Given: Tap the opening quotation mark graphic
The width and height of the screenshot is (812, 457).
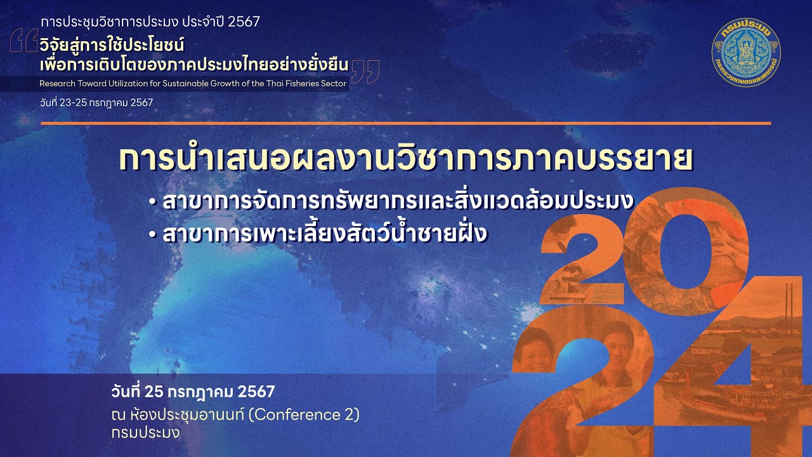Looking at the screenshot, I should pos(24,41).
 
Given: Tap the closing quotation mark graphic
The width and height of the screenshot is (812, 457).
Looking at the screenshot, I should pos(366,71).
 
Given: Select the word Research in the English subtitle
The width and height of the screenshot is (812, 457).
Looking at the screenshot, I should pos(57,83).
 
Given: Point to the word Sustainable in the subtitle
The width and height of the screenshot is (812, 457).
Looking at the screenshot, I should pos(193,83).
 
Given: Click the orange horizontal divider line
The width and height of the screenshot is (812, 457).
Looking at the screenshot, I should pos(406,123).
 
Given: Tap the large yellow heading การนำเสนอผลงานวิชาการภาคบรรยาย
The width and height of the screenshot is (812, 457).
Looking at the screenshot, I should pos(406,159).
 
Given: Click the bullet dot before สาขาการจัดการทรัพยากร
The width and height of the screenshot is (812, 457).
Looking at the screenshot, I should pos(152,202).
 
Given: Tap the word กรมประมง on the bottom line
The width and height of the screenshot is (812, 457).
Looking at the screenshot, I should pos(145,434).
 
